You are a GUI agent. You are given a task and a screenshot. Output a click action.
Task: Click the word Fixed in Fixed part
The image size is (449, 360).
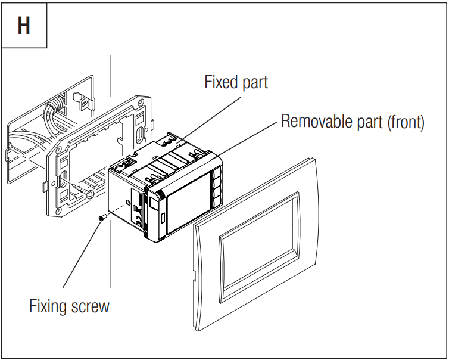(x=220, y=82)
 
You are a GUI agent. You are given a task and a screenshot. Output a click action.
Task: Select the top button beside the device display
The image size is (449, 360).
(x=217, y=177)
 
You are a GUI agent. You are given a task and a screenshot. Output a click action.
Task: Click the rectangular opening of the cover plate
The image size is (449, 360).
(x=259, y=239)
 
